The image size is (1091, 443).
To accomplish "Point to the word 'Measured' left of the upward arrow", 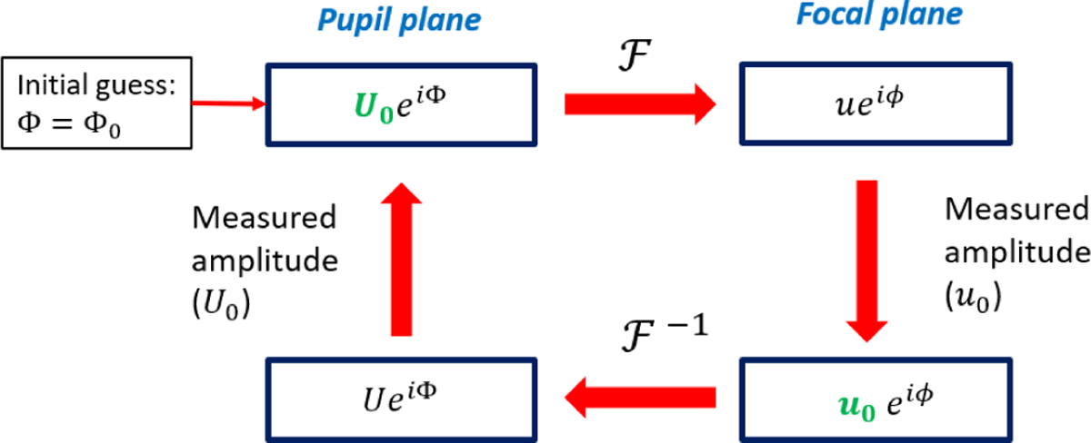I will [x=264, y=218].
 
